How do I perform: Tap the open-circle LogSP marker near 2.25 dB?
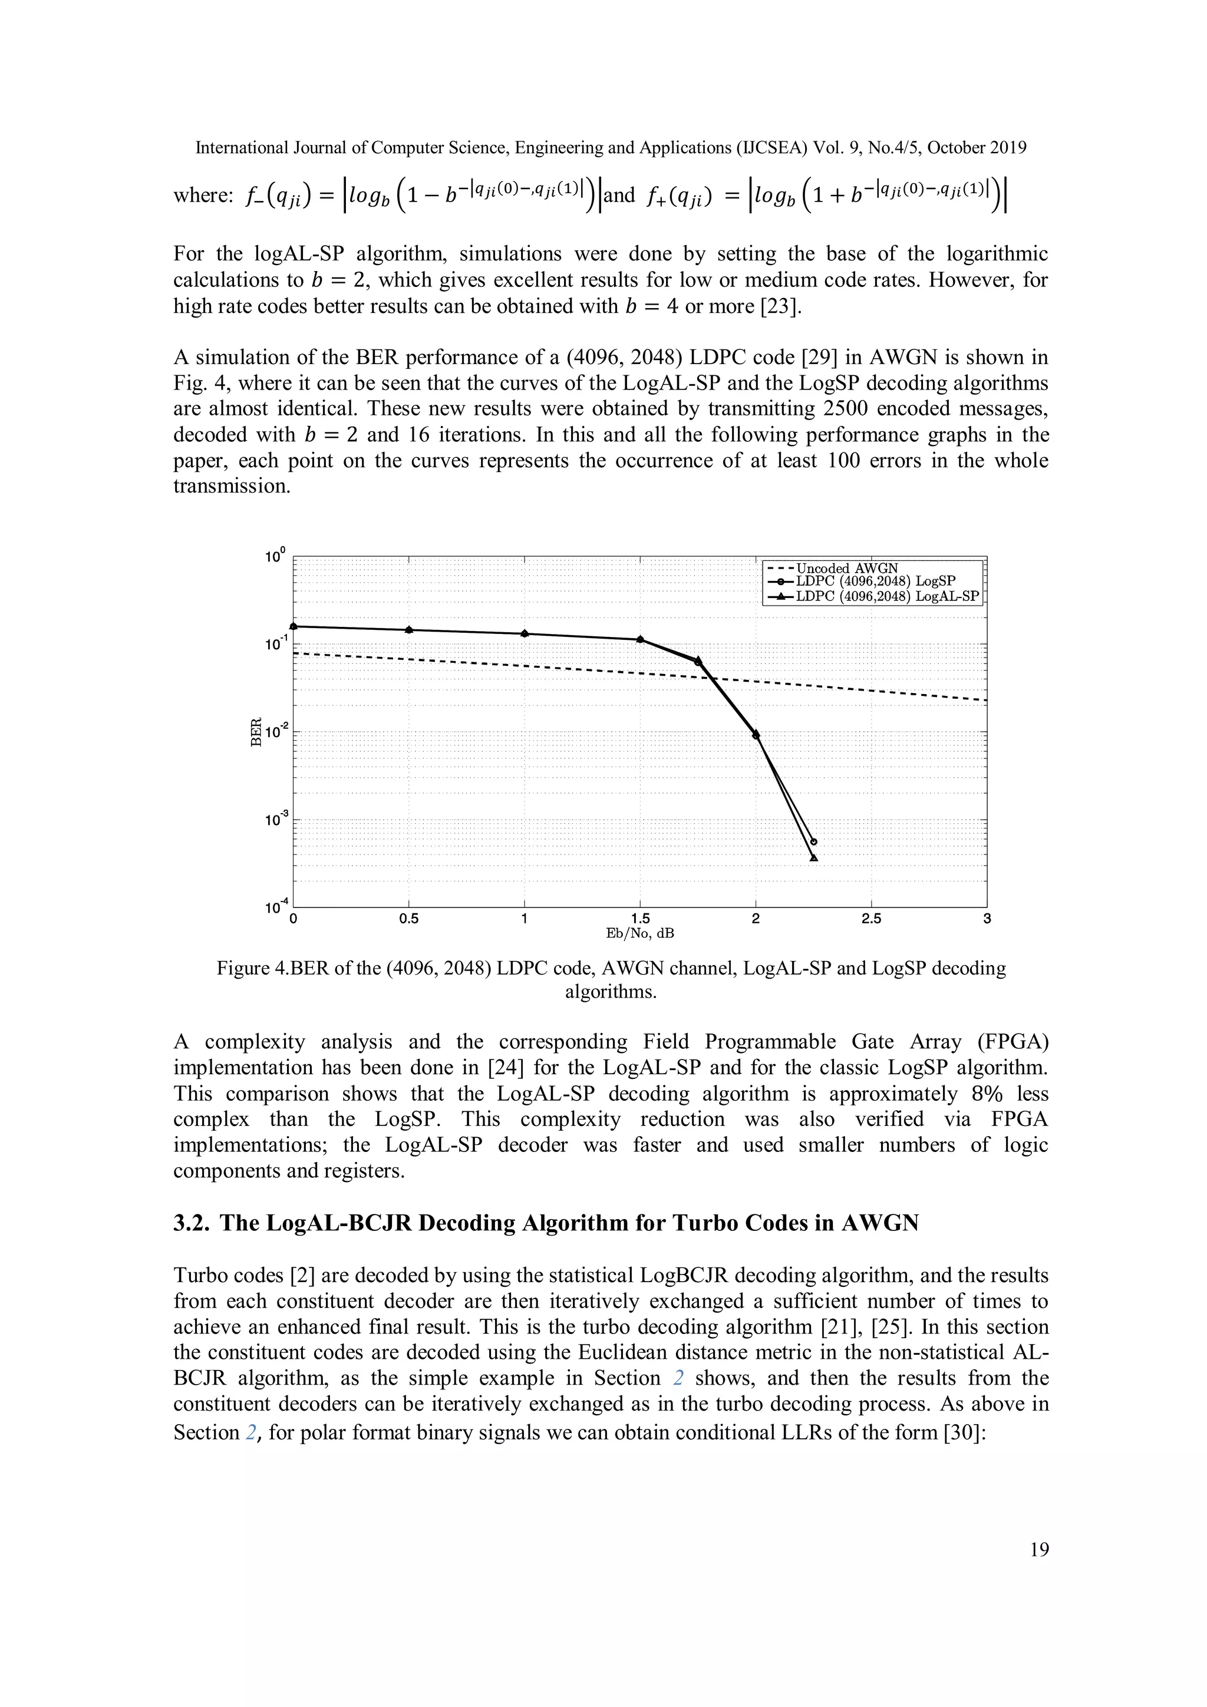(813, 841)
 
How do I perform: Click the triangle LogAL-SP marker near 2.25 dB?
(813, 858)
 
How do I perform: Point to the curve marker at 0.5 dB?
(409, 630)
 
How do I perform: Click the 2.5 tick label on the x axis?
(871, 919)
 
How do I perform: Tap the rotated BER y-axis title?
(255, 732)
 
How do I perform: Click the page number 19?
(1040, 1550)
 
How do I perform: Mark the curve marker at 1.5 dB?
(640, 639)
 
